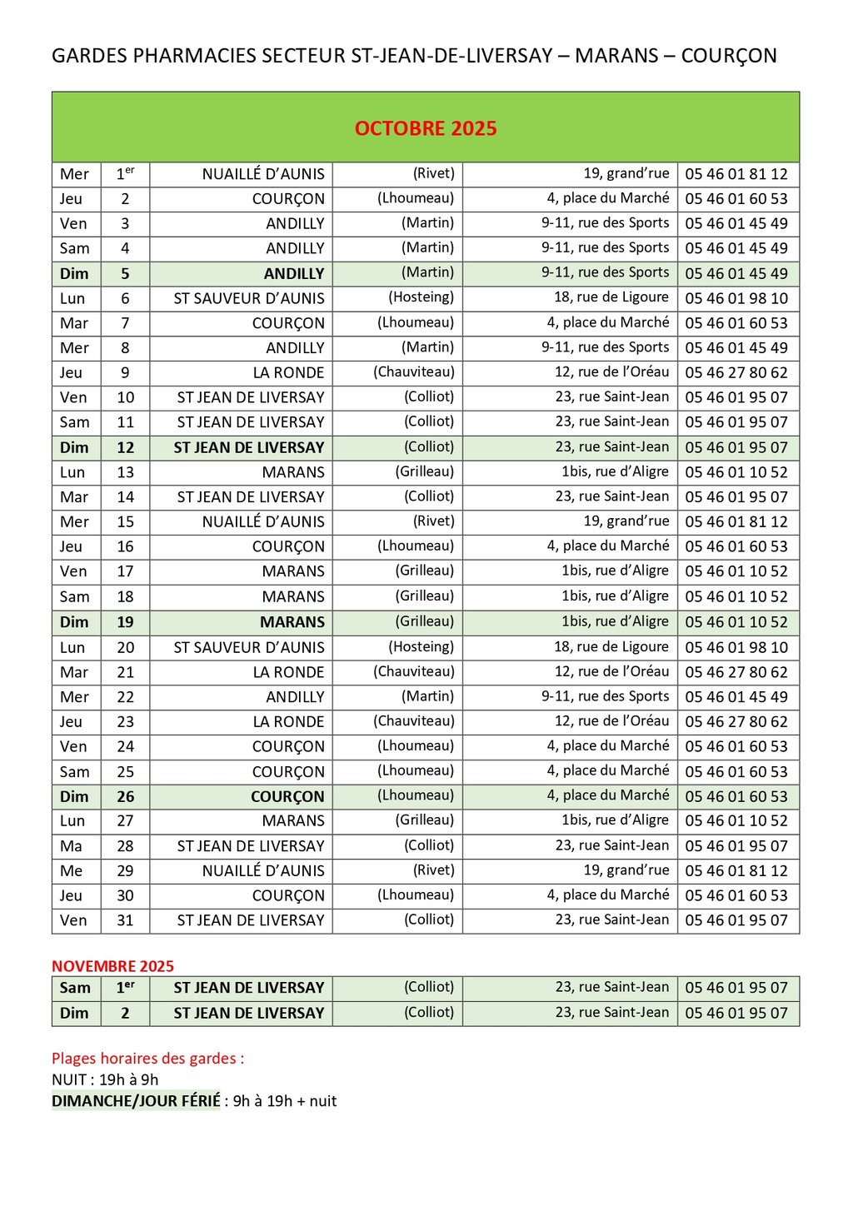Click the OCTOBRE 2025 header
click(x=426, y=128)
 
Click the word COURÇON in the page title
click(x=728, y=56)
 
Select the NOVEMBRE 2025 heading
click(x=112, y=966)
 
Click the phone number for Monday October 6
click(x=736, y=298)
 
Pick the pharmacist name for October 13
click(x=424, y=471)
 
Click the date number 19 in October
click(x=125, y=621)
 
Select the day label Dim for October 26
click(x=74, y=796)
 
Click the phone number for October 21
click(x=736, y=672)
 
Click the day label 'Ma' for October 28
click(x=72, y=845)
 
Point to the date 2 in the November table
click(x=125, y=1013)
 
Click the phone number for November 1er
click(x=736, y=988)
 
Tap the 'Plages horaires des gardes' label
click(x=147, y=1059)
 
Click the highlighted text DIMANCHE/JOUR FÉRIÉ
click(x=136, y=1101)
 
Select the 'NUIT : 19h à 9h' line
click(x=105, y=1079)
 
